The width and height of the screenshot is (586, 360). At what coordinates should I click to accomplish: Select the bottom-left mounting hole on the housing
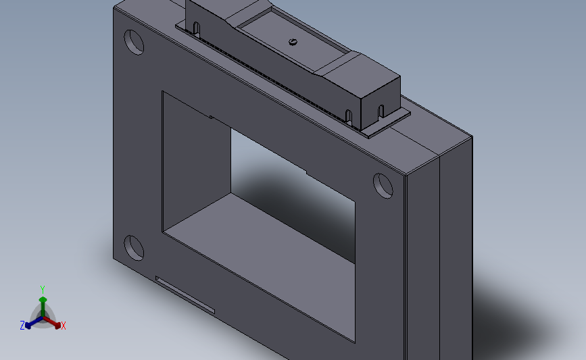(x=134, y=248)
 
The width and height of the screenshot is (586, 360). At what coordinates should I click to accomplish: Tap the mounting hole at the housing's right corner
(x=383, y=184)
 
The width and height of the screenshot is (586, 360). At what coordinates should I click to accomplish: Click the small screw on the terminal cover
(x=293, y=42)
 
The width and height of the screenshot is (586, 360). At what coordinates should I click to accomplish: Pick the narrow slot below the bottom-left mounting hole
(x=185, y=294)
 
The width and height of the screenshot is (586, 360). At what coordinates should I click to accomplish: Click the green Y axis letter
(x=43, y=289)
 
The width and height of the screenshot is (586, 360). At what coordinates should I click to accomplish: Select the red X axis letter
(x=64, y=326)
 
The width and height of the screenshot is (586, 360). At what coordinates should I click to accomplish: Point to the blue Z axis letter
(x=22, y=326)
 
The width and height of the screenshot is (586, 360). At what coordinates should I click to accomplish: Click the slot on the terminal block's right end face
(x=381, y=111)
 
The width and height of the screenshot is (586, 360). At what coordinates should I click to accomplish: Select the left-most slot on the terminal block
(x=197, y=28)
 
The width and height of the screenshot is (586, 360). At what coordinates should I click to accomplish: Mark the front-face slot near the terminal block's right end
(x=349, y=117)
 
